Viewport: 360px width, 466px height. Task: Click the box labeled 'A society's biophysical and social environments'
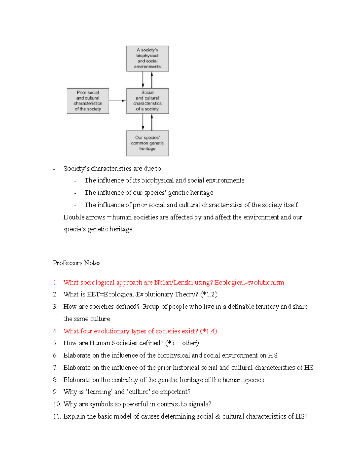tap(147, 59)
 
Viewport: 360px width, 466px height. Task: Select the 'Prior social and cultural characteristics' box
tap(88, 101)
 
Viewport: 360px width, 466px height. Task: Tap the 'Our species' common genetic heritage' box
tap(147, 143)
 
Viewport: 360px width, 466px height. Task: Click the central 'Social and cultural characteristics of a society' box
tap(147, 101)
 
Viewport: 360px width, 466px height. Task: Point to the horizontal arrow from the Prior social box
tap(118, 101)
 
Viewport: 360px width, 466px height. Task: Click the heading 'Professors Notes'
tap(76, 263)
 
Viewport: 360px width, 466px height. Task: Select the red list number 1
tap(55, 282)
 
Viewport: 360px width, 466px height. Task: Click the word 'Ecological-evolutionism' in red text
tap(249, 282)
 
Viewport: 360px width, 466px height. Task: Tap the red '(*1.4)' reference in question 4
tap(208, 331)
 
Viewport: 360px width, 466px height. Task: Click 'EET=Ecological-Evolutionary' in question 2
tap(129, 294)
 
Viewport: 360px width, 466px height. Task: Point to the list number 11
tap(57, 416)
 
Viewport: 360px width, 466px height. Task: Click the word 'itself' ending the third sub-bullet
tap(291, 205)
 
